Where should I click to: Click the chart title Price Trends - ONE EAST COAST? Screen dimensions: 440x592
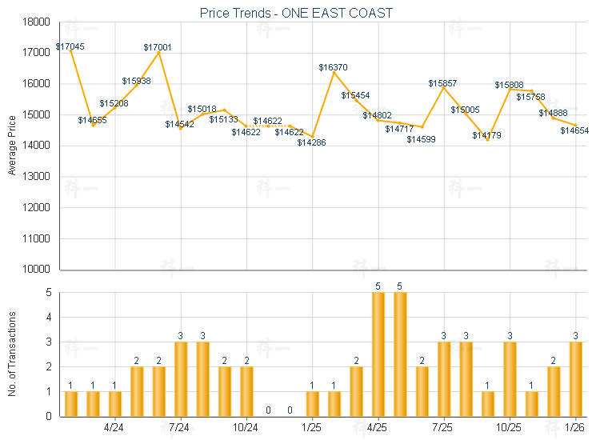point(296,14)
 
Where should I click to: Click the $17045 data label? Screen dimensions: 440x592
point(70,46)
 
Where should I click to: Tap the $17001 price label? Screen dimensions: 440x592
point(158,48)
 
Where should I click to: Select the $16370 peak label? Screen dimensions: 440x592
point(333,68)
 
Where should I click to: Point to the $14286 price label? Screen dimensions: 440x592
point(311,142)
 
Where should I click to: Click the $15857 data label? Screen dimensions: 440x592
point(442,83)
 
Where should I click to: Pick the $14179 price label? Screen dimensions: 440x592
point(486,135)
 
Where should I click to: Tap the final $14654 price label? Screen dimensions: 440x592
point(574,130)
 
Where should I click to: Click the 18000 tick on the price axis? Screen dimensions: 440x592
point(38,22)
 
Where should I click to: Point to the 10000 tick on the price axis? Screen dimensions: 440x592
point(38,270)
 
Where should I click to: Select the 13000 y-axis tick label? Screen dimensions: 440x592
point(38,177)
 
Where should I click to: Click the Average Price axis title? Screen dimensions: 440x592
point(11,146)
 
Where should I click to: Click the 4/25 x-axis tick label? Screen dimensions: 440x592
point(377,428)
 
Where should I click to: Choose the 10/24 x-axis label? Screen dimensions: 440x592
point(246,428)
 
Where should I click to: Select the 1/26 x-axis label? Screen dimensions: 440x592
point(574,428)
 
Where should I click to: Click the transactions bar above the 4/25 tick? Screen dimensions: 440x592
point(378,354)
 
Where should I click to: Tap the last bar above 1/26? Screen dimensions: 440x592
point(575,379)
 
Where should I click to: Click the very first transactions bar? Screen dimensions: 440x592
point(71,404)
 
